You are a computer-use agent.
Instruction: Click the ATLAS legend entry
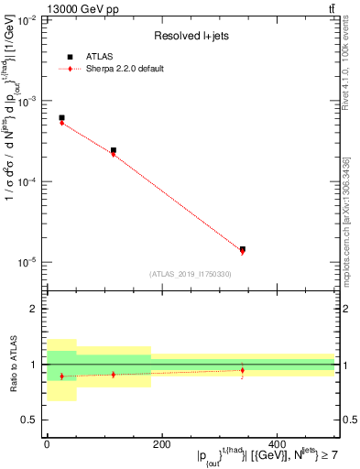95,56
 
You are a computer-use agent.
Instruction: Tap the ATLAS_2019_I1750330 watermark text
190,274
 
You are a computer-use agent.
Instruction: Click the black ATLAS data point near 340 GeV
243,249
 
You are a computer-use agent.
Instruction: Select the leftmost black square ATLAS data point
61,117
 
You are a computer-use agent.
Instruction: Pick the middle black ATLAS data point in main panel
114,150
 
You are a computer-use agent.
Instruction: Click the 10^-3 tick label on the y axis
27,102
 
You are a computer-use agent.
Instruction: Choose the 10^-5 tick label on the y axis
27,263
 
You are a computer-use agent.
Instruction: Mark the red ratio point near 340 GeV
243,370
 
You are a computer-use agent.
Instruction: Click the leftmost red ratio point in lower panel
61,376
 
